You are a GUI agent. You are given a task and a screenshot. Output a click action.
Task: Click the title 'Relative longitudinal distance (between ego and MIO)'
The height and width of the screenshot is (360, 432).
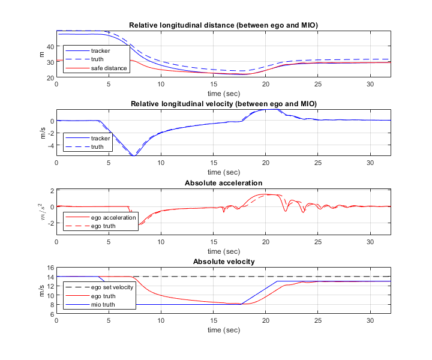pos(223,25)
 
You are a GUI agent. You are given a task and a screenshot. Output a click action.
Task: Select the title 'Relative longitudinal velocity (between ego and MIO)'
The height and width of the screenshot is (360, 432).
pos(223,104)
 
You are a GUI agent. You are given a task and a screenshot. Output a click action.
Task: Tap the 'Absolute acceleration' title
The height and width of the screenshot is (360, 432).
pos(223,183)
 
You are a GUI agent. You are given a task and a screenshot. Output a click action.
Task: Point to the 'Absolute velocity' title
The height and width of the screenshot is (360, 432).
pos(223,262)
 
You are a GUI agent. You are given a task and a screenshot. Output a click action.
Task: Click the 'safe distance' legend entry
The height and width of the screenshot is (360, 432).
pos(109,68)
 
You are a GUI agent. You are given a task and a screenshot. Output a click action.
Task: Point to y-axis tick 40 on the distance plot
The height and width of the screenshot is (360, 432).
pos(50,46)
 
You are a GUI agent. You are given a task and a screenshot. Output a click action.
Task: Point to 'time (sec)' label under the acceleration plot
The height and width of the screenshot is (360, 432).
pos(223,251)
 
